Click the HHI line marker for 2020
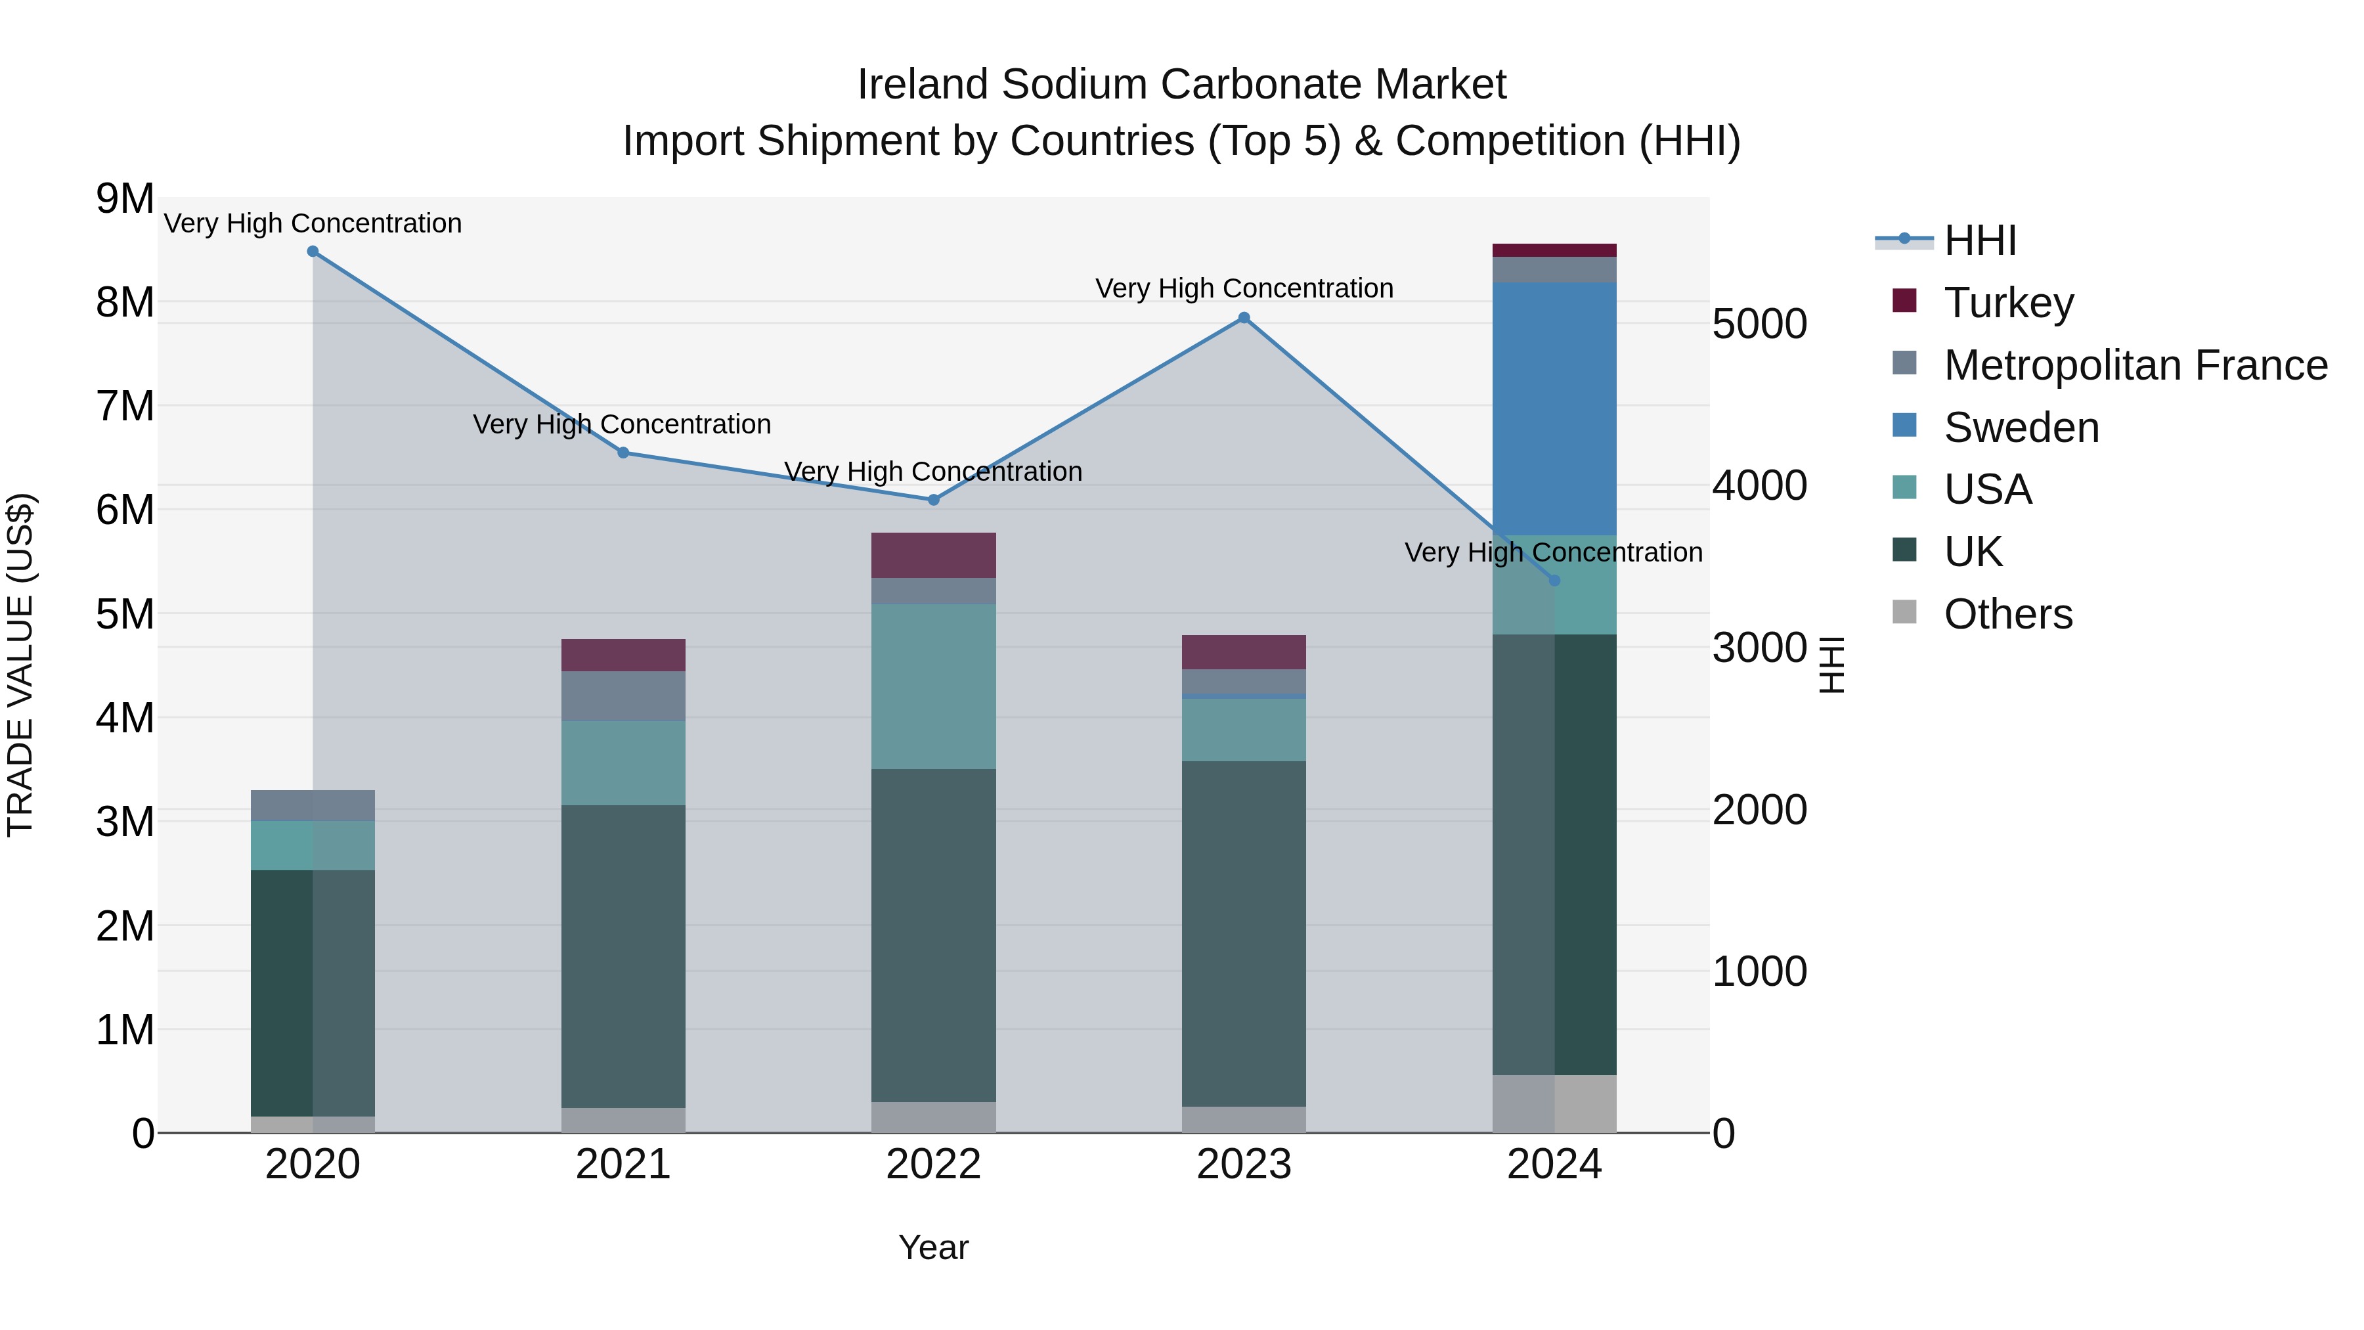pos(313,252)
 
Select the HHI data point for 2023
pos(1244,319)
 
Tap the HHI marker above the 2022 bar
pos(933,500)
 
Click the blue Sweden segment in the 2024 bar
pos(1554,409)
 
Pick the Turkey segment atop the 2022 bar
pos(933,555)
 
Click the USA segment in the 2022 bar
pos(933,686)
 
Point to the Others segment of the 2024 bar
pos(1554,1103)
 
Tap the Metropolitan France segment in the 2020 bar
pos(313,805)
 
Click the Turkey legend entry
pos(2008,303)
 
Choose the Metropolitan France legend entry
pos(2135,365)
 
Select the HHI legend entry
pos(1979,240)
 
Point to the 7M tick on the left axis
pos(125,406)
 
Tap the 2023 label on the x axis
pos(1244,1164)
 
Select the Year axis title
pos(933,1247)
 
